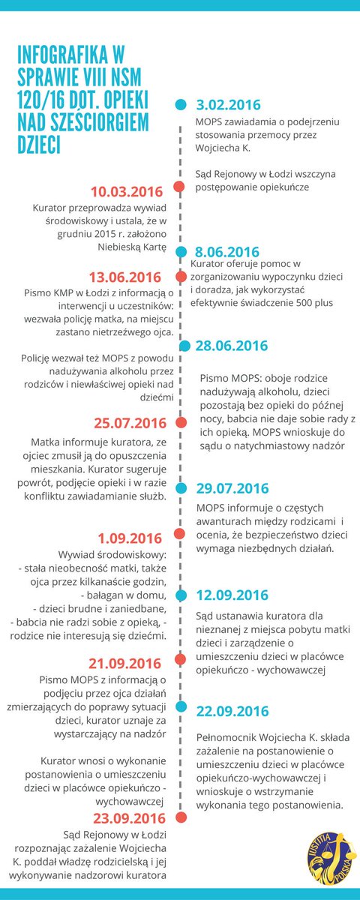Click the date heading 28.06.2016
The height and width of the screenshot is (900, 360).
pyautogui.click(x=232, y=346)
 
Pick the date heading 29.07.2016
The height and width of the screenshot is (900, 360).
pyautogui.click(x=232, y=488)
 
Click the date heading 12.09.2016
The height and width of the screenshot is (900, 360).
pyautogui.click(x=232, y=595)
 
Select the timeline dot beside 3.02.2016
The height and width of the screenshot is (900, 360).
pyautogui.click(x=180, y=105)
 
